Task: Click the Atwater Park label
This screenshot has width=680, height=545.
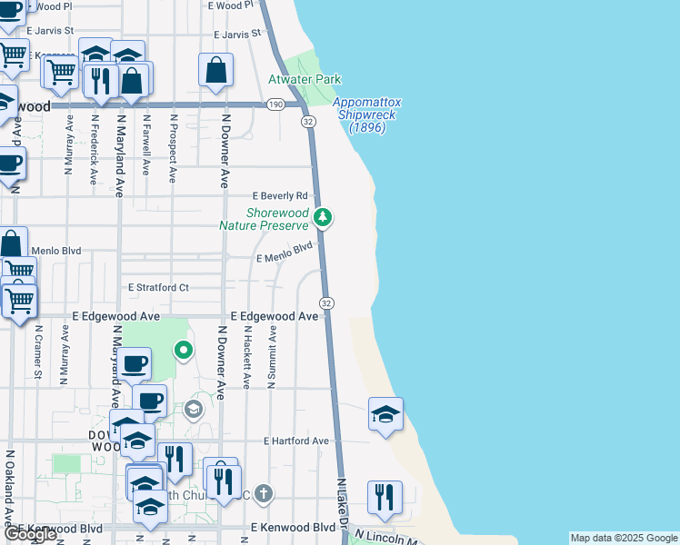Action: click(303, 80)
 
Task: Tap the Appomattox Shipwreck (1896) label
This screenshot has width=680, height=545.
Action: click(368, 115)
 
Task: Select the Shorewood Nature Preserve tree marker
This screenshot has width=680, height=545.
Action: click(323, 217)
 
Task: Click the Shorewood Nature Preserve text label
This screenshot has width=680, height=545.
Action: click(265, 219)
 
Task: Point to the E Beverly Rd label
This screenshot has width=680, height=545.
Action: click(280, 196)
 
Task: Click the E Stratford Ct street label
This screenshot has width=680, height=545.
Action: click(158, 288)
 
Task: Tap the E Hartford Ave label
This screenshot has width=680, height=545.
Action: click(295, 441)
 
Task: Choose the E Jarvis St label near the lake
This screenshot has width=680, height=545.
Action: click(236, 35)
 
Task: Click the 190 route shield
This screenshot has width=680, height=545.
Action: click(275, 105)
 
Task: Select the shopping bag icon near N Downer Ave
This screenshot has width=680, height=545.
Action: click(216, 70)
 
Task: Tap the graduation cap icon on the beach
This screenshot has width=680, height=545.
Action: click(385, 415)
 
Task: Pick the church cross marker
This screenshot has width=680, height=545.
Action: click(263, 494)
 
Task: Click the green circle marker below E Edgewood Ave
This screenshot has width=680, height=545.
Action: click(184, 350)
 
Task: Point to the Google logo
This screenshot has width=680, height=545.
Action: click(29, 534)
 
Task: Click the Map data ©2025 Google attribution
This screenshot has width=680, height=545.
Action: click(623, 537)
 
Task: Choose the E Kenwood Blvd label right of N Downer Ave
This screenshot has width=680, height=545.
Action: click(293, 527)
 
